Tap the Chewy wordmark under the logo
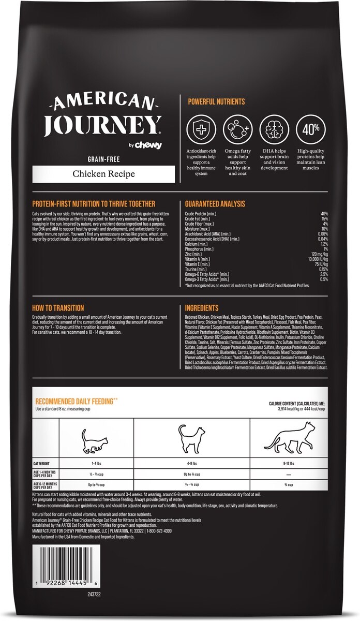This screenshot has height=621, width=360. tap(149, 145)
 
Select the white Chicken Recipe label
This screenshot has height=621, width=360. tap(103, 174)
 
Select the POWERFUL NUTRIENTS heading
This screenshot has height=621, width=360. tap(216, 102)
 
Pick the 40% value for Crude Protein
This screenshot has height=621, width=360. tap(324, 214)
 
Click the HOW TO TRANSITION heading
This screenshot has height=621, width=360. tap(58, 308)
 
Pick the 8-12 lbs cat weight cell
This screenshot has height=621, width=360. tap(289, 464)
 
